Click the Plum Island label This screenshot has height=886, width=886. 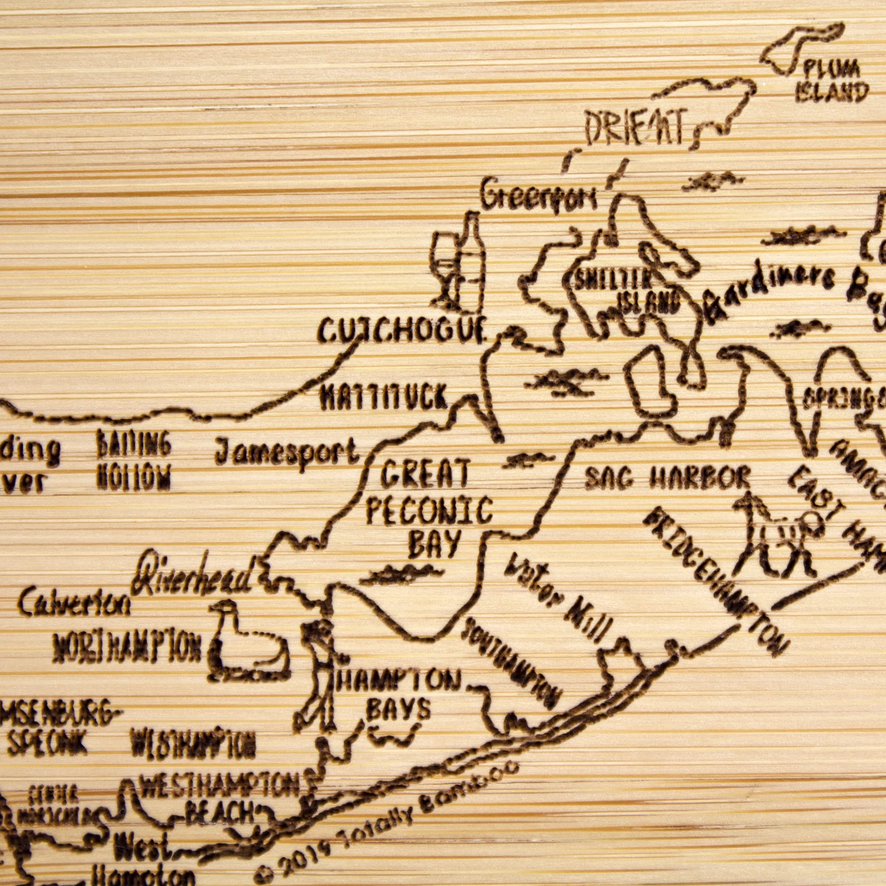point(831,81)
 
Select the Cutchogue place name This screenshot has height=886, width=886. point(401,329)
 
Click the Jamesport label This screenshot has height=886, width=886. point(287,451)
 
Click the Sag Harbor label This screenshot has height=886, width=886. point(668,478)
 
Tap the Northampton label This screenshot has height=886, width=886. point(127,648)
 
